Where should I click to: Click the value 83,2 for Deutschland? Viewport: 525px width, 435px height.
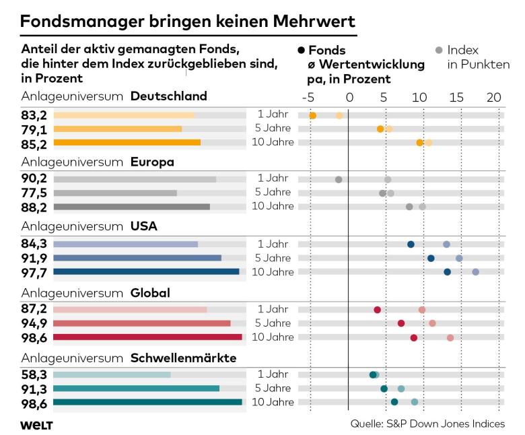point(34,115)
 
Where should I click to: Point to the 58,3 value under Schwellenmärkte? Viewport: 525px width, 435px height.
point(34,374)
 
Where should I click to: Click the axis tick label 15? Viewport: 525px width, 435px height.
point(456,97)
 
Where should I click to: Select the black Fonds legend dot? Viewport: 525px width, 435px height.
point(302,51)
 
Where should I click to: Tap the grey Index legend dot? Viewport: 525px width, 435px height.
point(440,51)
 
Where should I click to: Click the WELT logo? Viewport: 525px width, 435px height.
point(37,424)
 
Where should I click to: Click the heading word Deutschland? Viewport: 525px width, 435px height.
point(168,96)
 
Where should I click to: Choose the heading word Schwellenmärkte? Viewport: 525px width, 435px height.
point(183,358)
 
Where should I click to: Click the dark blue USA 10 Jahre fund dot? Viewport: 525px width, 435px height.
point(447,272)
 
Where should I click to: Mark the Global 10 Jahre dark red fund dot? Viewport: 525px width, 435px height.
point(414,337)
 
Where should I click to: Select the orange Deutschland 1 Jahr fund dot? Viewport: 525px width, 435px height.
point(313,116)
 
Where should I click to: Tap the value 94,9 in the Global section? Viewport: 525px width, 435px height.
point(34,323)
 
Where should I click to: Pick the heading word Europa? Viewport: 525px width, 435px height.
point(152,162)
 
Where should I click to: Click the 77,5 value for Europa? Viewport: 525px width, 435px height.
point(34,193)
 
